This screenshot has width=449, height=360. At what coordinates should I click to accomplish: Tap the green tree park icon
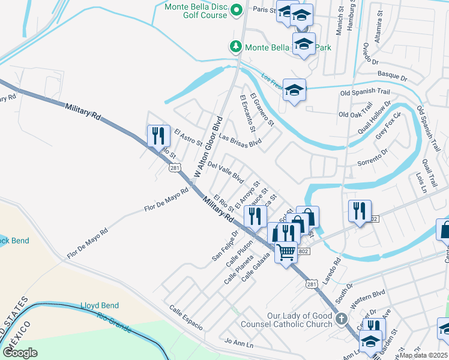237,46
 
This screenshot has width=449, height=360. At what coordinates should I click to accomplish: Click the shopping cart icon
286,252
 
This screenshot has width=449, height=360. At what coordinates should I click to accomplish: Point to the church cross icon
342,320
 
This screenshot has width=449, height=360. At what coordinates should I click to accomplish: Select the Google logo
20,352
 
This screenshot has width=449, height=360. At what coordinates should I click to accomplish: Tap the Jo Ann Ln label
239,343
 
